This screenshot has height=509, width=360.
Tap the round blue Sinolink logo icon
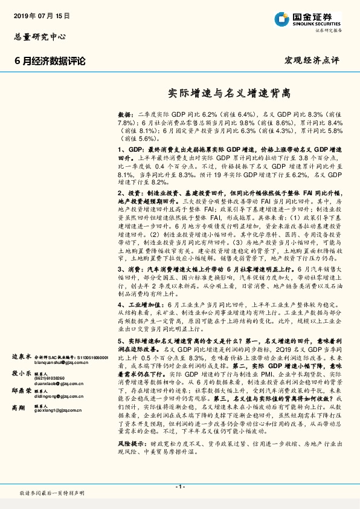point(279,18)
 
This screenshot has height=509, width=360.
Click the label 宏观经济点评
point(312,60)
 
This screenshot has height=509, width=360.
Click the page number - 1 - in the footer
point(179,487)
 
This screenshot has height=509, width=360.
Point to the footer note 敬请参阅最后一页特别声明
point(52,493)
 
